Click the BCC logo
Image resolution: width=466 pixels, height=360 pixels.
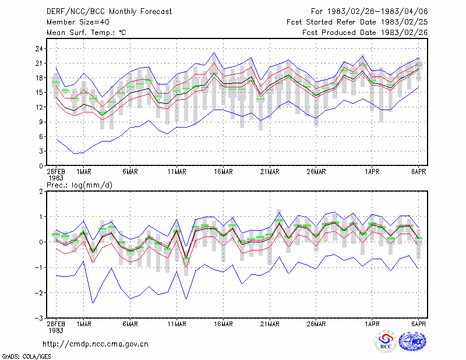[x=386, y=341]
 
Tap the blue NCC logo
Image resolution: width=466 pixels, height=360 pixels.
[x=412, y=341]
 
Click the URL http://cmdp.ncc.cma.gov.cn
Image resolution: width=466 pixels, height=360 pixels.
[x=96, y=344]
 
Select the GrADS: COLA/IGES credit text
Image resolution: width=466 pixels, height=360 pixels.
[x=26, y=357]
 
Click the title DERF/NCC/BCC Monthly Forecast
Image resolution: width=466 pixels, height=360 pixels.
[x=109, y=12]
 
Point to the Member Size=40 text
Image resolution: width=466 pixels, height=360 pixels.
[x=78, y=22]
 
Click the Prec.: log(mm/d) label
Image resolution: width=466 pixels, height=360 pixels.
[x=79, y=185]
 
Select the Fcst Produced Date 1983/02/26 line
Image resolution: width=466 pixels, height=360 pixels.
[x=365, y=33]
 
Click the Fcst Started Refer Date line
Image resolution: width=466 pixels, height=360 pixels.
[x=357, y=22]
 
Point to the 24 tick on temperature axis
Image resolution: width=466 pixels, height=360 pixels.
[x=39, y=48]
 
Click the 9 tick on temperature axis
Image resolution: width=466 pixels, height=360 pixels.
[x=41, y=122]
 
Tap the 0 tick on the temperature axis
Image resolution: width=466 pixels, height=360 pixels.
[x=41, y=166]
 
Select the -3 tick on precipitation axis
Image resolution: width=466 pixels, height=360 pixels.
[x=38, y=319]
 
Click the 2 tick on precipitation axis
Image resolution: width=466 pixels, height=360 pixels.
[x=41, y=192]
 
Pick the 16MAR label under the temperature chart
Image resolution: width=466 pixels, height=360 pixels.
[x=223, y=172]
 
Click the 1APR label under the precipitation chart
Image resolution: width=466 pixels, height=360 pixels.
[x=372, y=324]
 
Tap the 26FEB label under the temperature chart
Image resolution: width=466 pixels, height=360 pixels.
[x=56, y=172]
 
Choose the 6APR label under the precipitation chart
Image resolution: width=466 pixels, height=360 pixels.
[x=418, y=324]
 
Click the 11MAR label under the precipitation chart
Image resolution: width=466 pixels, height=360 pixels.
[x=177, y=324]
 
